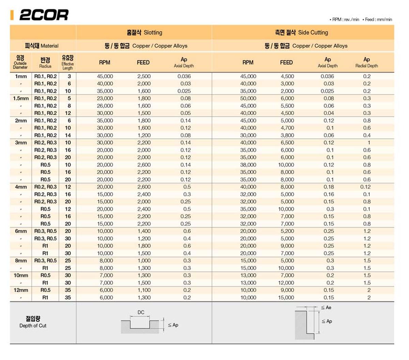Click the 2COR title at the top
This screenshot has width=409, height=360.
(x=44, y=15)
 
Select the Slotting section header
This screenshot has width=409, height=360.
(x=144, y=33)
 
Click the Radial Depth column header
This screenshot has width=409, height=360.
(x=366, y=62)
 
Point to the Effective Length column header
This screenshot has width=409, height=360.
(x=67, y=62)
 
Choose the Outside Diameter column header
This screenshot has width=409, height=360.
(x=20, y=62)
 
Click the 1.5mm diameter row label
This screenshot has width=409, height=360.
(x=21, y=98)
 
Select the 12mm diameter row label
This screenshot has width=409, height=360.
(x=21, y=290)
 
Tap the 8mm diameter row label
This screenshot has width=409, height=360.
(x=21, y=261)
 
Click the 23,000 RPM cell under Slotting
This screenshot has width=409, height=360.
(x=105, y=98)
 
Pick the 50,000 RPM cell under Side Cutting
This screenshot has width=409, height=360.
(x=248, y=98)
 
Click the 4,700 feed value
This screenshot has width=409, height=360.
(x=287, y=128)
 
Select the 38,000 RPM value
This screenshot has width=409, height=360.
(x=248, y=165)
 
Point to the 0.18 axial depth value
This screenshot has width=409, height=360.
(x=329, y=187)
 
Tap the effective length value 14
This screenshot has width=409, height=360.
(x=68, y=135)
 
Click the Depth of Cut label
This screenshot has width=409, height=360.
(x=33, y=322)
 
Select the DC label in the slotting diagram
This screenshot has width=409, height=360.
(x=141, y=312)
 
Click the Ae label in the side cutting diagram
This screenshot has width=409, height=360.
(x=328, y=308)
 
